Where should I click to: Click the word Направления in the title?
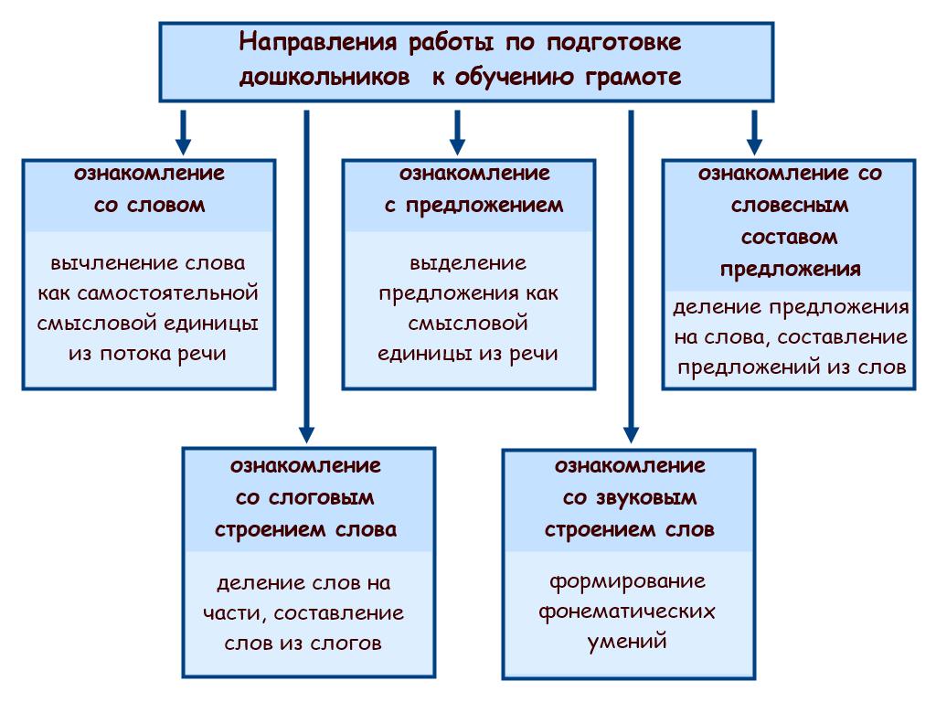[317, 43]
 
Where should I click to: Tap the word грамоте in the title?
[633, 78]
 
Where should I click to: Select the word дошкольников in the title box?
[324, 78]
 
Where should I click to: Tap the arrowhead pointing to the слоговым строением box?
[307, 434]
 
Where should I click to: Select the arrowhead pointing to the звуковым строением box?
[632, 434]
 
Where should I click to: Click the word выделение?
[468, 263]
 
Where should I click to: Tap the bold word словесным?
[790, 206]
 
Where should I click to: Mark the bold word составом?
[789, 238]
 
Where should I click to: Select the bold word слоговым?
[321, 498]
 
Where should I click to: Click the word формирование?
[627, 582]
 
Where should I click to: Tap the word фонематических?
[627, 612]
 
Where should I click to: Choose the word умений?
[627, 642]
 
